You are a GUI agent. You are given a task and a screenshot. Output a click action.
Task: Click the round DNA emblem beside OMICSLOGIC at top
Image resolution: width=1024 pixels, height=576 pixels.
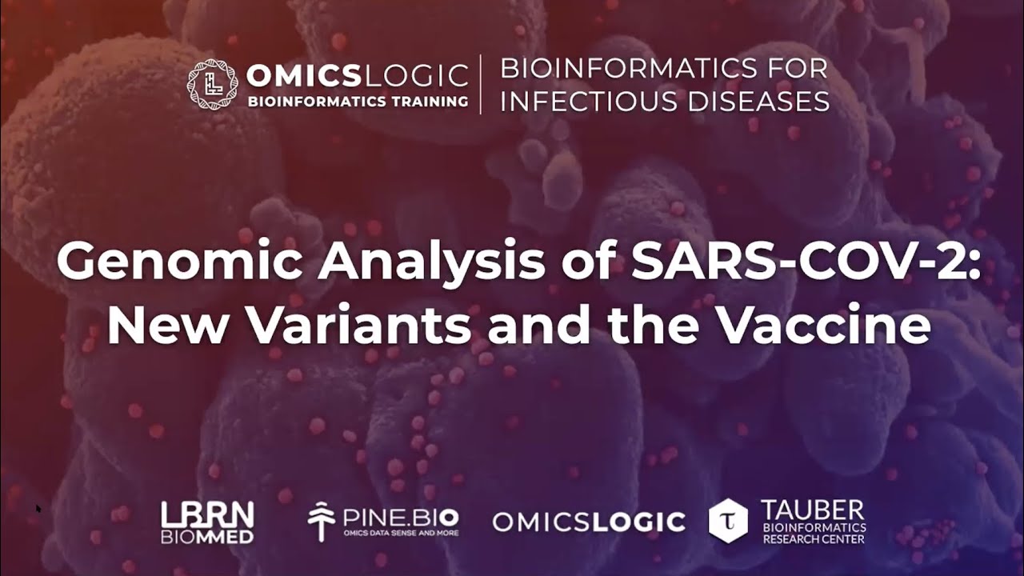(212, 84)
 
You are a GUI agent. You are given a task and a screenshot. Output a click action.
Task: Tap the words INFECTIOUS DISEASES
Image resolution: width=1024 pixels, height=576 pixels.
(664, 102)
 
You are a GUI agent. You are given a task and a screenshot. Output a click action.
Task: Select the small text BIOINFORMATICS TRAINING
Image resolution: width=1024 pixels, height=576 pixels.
(358, 102)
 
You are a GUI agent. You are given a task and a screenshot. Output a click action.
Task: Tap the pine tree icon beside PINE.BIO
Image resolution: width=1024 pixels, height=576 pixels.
(322, 522)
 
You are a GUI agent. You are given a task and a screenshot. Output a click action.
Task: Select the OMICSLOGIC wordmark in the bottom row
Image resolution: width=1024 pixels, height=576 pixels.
(589, 522)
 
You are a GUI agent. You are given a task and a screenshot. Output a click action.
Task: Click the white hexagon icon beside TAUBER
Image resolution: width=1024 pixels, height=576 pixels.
(728, 521)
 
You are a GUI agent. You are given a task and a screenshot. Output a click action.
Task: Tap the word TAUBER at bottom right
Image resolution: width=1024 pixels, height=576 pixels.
(813, 510)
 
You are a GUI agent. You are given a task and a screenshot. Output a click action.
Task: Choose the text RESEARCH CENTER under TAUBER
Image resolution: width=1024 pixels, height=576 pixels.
(813, 538)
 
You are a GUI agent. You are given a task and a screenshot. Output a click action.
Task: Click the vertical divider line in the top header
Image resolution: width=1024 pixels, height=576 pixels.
(481, 84)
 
